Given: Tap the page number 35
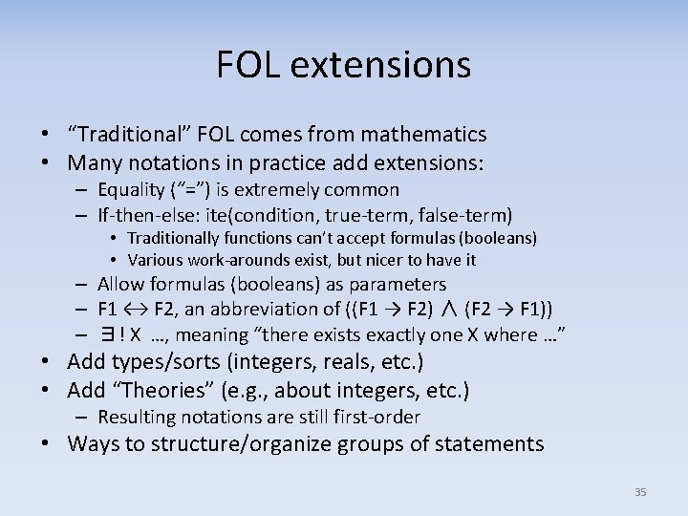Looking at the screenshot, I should pos(640,492).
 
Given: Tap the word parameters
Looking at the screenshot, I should pos(398,284).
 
